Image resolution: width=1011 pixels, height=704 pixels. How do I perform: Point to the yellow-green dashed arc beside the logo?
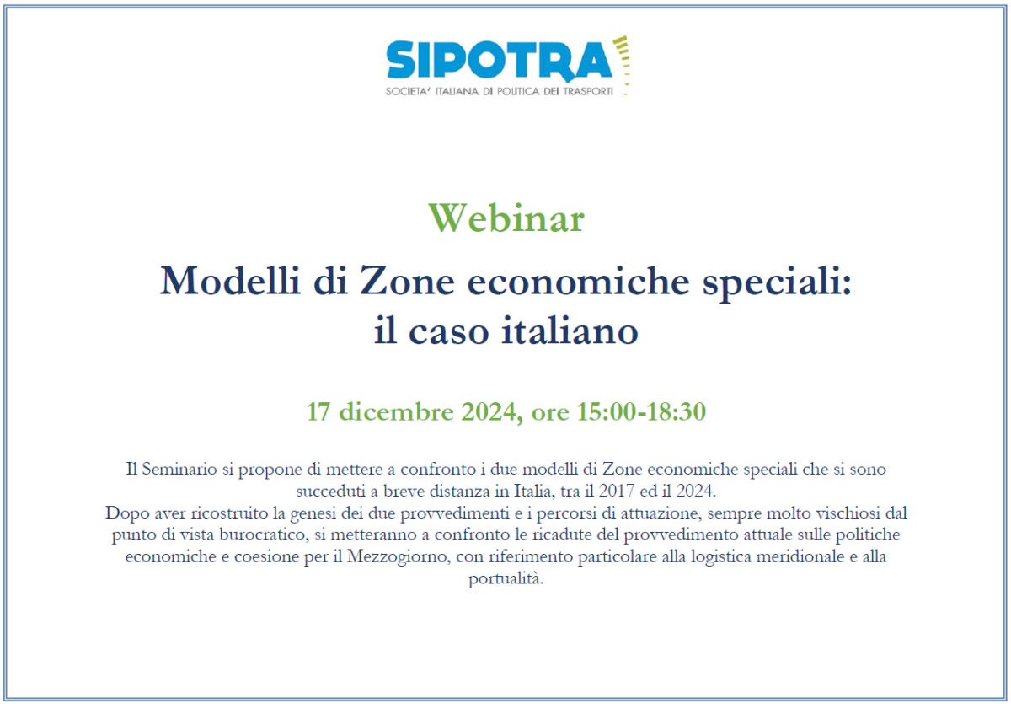tap(623, 63)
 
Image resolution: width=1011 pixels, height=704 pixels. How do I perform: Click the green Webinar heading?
tap(505, 218)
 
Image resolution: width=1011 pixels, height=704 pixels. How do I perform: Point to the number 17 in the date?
tap(317, 412)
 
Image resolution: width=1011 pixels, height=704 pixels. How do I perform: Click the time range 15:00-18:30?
tap(641, 412)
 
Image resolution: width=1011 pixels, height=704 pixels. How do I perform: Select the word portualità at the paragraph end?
tap(505, 580)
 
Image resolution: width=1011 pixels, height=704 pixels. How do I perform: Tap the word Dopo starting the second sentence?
tap(124, 513)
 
